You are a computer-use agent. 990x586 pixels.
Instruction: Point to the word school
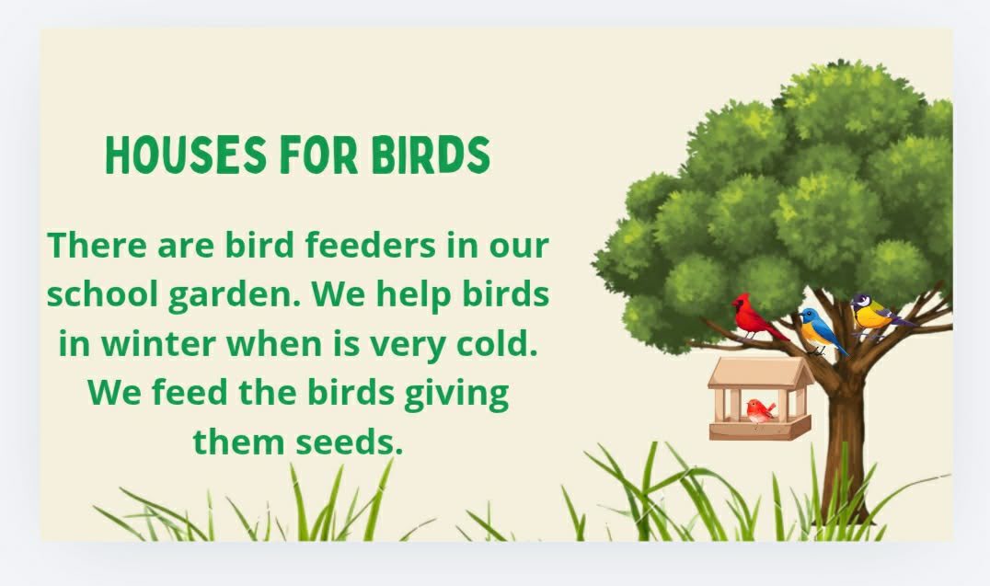(x=102, y=293)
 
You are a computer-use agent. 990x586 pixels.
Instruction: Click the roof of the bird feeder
(x=761, y=373)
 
